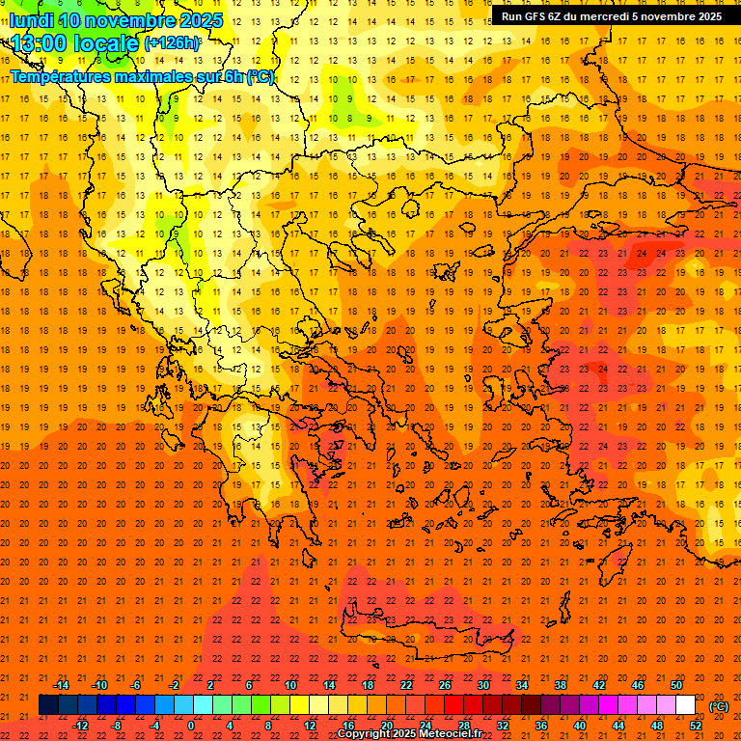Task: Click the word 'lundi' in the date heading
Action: (32, 21)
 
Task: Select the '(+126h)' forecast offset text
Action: (172, 43)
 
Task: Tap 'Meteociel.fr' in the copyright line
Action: (451, 734)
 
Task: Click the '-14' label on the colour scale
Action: (61, 685)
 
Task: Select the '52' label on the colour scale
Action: (696, 726)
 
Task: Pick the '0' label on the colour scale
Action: (192, 726)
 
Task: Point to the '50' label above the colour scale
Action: (676, 685)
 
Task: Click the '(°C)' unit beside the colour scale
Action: (719, 706)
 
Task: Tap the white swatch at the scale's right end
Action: (685, 705)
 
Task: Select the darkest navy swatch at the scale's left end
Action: (48, 705)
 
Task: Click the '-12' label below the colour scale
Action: (80, 726)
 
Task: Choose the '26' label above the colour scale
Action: (445, 685)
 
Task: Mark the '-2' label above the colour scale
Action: (174, 685)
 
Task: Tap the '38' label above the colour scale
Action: (561, 685)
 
